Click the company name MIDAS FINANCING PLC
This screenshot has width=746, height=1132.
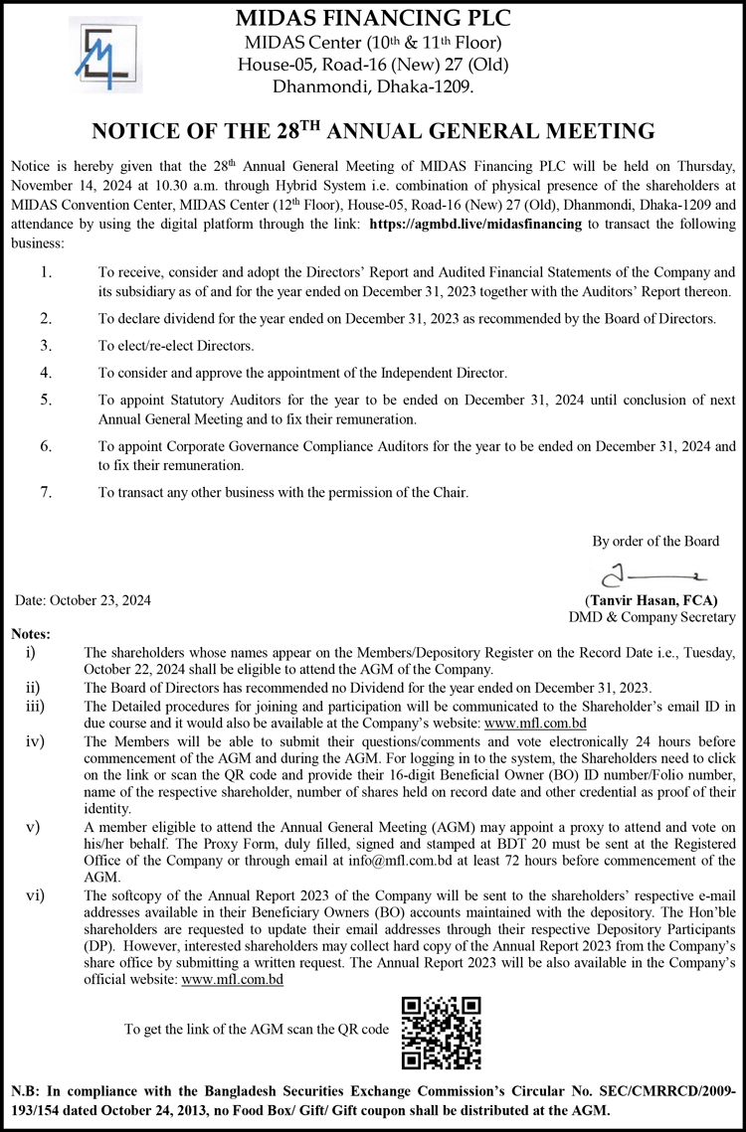373,17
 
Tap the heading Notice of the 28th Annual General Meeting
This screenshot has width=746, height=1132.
373,131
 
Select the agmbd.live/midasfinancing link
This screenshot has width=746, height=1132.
474,225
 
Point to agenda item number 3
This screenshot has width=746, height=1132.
46,346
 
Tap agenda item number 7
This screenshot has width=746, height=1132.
46,492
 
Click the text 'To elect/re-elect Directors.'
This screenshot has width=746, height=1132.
176,346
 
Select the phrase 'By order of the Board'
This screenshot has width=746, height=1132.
655,542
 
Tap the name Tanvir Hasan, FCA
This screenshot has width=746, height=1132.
652,600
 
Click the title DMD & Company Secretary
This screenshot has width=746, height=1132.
652,617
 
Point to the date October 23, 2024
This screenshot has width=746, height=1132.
84,600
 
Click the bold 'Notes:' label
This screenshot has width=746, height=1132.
31,634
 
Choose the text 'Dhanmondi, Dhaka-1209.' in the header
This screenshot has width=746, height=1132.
373,87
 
